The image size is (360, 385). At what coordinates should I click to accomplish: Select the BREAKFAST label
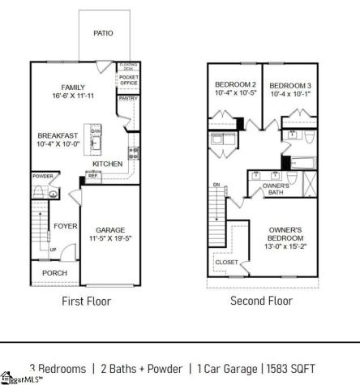[56, 135]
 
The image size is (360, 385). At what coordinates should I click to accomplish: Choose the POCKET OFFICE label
[129, 79]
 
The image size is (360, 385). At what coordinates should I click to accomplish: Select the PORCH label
[54, 273]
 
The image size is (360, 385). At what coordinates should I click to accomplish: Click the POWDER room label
[43, 176]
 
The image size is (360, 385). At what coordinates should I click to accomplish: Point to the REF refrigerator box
[92, 175]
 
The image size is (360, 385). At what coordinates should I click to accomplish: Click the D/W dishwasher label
[96, 130]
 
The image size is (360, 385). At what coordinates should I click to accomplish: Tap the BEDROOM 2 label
[235, 85]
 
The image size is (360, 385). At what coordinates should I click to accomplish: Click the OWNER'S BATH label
[276, 190]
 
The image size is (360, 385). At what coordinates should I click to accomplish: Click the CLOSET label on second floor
[226, 262]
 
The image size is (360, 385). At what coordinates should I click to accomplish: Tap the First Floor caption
[87, 302]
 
